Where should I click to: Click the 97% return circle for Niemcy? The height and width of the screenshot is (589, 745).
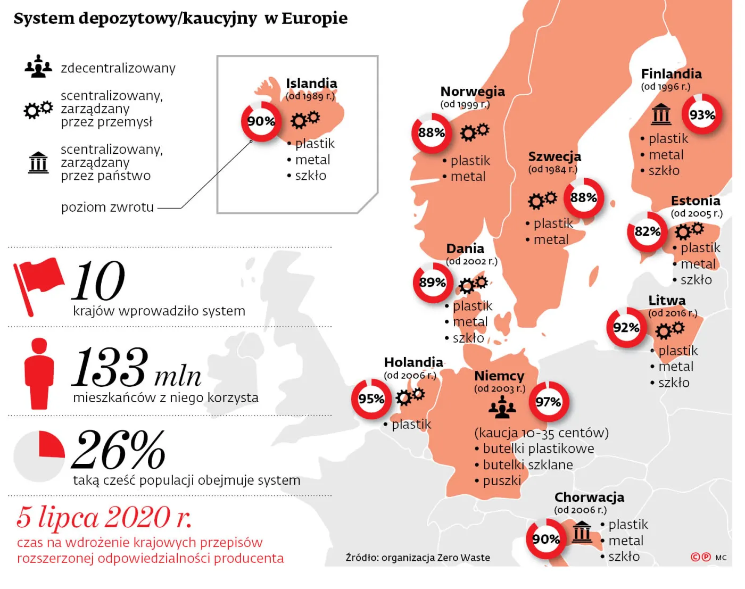tap(549, 402)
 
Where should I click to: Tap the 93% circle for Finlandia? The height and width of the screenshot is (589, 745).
tap(702, 114)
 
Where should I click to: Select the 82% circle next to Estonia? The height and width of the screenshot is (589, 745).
tap(647, 231)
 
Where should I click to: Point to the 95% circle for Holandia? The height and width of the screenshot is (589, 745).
tap(371, 399)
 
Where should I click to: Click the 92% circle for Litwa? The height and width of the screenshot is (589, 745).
tap(626, 327)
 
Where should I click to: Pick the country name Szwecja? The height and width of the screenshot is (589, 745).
tap(554, 156)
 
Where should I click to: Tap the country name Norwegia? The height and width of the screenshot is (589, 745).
tap(473, 92)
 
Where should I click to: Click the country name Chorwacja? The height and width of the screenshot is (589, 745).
tap(589, 497)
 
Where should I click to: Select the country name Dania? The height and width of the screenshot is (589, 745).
tap(465, 248)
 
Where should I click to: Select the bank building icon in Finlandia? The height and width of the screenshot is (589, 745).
tap(661, 114)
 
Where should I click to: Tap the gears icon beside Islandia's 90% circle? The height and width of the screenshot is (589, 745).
tap(305, 119)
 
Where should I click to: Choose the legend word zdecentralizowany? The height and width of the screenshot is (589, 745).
tap(118, 68)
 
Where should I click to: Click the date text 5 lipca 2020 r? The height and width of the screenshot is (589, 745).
tap(104, 517)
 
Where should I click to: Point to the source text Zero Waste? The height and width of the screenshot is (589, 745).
tap(463, 558)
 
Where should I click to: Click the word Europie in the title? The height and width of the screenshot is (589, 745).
tap(314, 18)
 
